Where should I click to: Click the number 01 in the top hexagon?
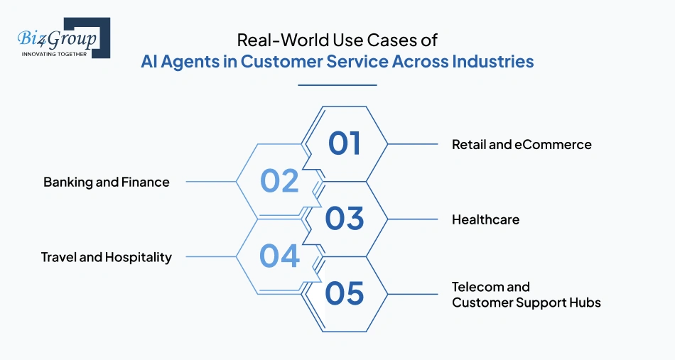(x=345, y=143)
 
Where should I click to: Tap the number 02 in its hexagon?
(x=279, y=181)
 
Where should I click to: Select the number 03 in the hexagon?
(x=345, y=219)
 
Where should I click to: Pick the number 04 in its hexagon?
(x=279, y=256)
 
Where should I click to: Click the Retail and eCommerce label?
(x=522, y=144)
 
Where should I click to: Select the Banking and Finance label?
(x=107, y=182)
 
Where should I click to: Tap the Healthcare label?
(x=485, y=219)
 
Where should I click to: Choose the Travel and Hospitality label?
(x=107, y=257)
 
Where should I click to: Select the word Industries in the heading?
(x=492, y=61)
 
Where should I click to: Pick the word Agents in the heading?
(x=198, y=61)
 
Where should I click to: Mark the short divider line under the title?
(x=337, y=85)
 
